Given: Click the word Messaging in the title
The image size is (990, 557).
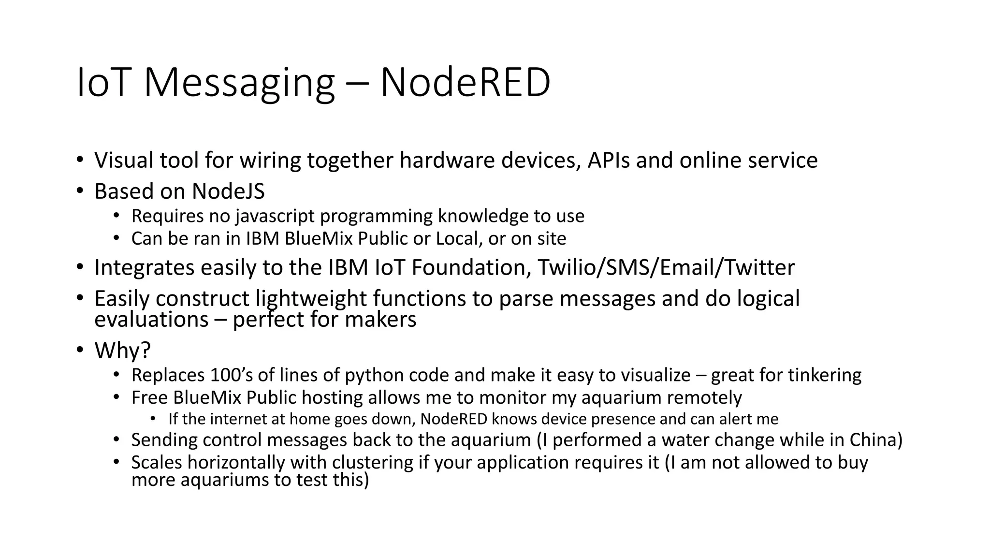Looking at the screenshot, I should tap(239, 83).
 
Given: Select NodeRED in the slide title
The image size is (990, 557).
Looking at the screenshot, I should tap(465, 83).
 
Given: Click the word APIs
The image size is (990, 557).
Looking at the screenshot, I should tap(609, 160).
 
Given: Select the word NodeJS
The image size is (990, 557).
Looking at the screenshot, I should tap(228, 191).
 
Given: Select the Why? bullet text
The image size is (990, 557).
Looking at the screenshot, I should tap(122, 350).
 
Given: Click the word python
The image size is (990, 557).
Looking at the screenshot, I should tap(375, 375).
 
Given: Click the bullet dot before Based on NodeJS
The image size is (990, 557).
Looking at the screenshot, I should tap(80, 191).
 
